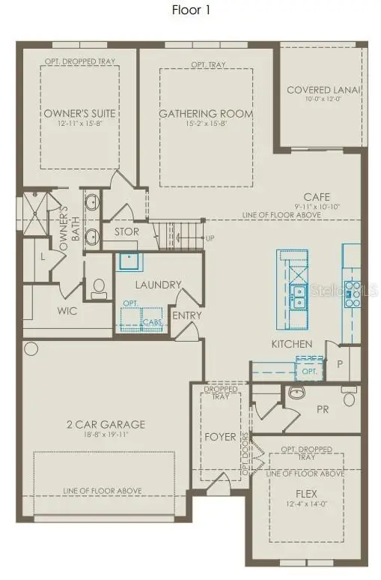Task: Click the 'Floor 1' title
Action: coord(190,10)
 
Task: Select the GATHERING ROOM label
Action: coord(205,114)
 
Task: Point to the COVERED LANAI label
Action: coord(323,90)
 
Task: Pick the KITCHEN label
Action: coord(292,344)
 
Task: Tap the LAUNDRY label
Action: coord(158,285)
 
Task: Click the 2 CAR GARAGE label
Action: coord(104,424)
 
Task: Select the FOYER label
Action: coord(221,436)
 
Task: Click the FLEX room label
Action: coord(306,494)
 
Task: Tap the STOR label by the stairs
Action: coord(127,232)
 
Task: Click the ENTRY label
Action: coord(187,315)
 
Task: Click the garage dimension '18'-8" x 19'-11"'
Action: coord(104,434)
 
